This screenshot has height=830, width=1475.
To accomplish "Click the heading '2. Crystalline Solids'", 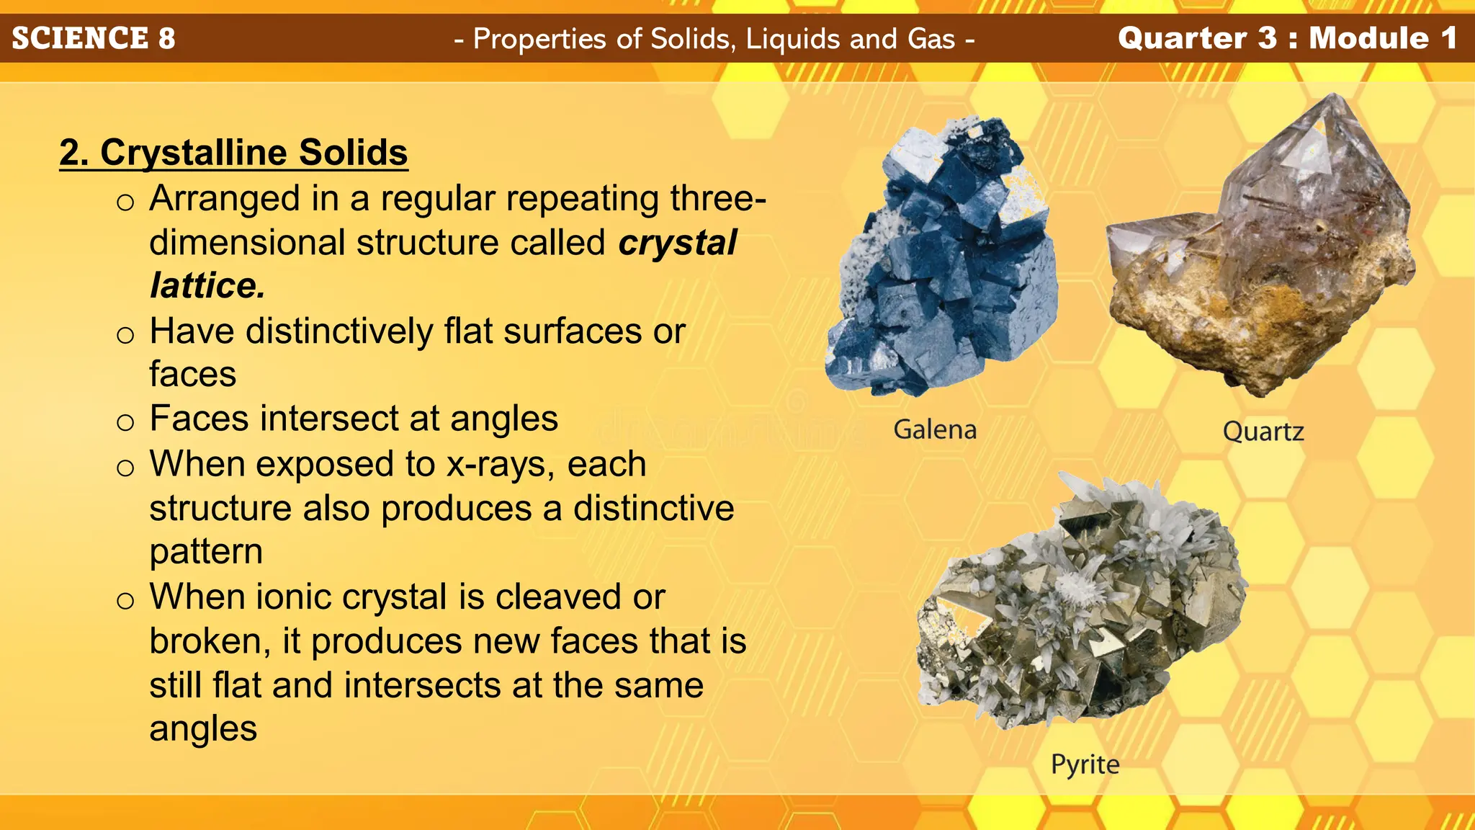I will pyautogui.click(x=233, y=153).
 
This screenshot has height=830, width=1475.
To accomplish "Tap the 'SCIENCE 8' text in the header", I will pyautogui.click(x=94, y=38).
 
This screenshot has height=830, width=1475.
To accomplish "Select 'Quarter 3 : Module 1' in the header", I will pyautogui.click(x=1288, y=38).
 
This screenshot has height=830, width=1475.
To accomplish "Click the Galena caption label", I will pyautogui.click(x=935, y=429).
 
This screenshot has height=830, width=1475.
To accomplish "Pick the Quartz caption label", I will pyautogui.click(x=1263, y=432).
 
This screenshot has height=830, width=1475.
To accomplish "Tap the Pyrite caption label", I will pyautogui.click(x=1085, y=764).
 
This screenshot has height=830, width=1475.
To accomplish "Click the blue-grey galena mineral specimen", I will pyautogui.click(x=943, y=259).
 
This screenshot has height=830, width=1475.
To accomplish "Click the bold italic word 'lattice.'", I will pyautogui.click(x=207, y=286).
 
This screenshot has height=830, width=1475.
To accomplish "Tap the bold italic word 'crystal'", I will pyautogui.click(x=677, y=243).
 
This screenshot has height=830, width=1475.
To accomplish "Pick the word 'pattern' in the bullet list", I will pyautogui.click(x=206, y=552).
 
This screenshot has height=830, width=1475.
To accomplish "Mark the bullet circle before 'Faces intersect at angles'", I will pyautogui.click(x=125, y=422).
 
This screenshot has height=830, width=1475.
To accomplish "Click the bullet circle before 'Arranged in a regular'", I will pyautogui.click(x=125, y=202).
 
